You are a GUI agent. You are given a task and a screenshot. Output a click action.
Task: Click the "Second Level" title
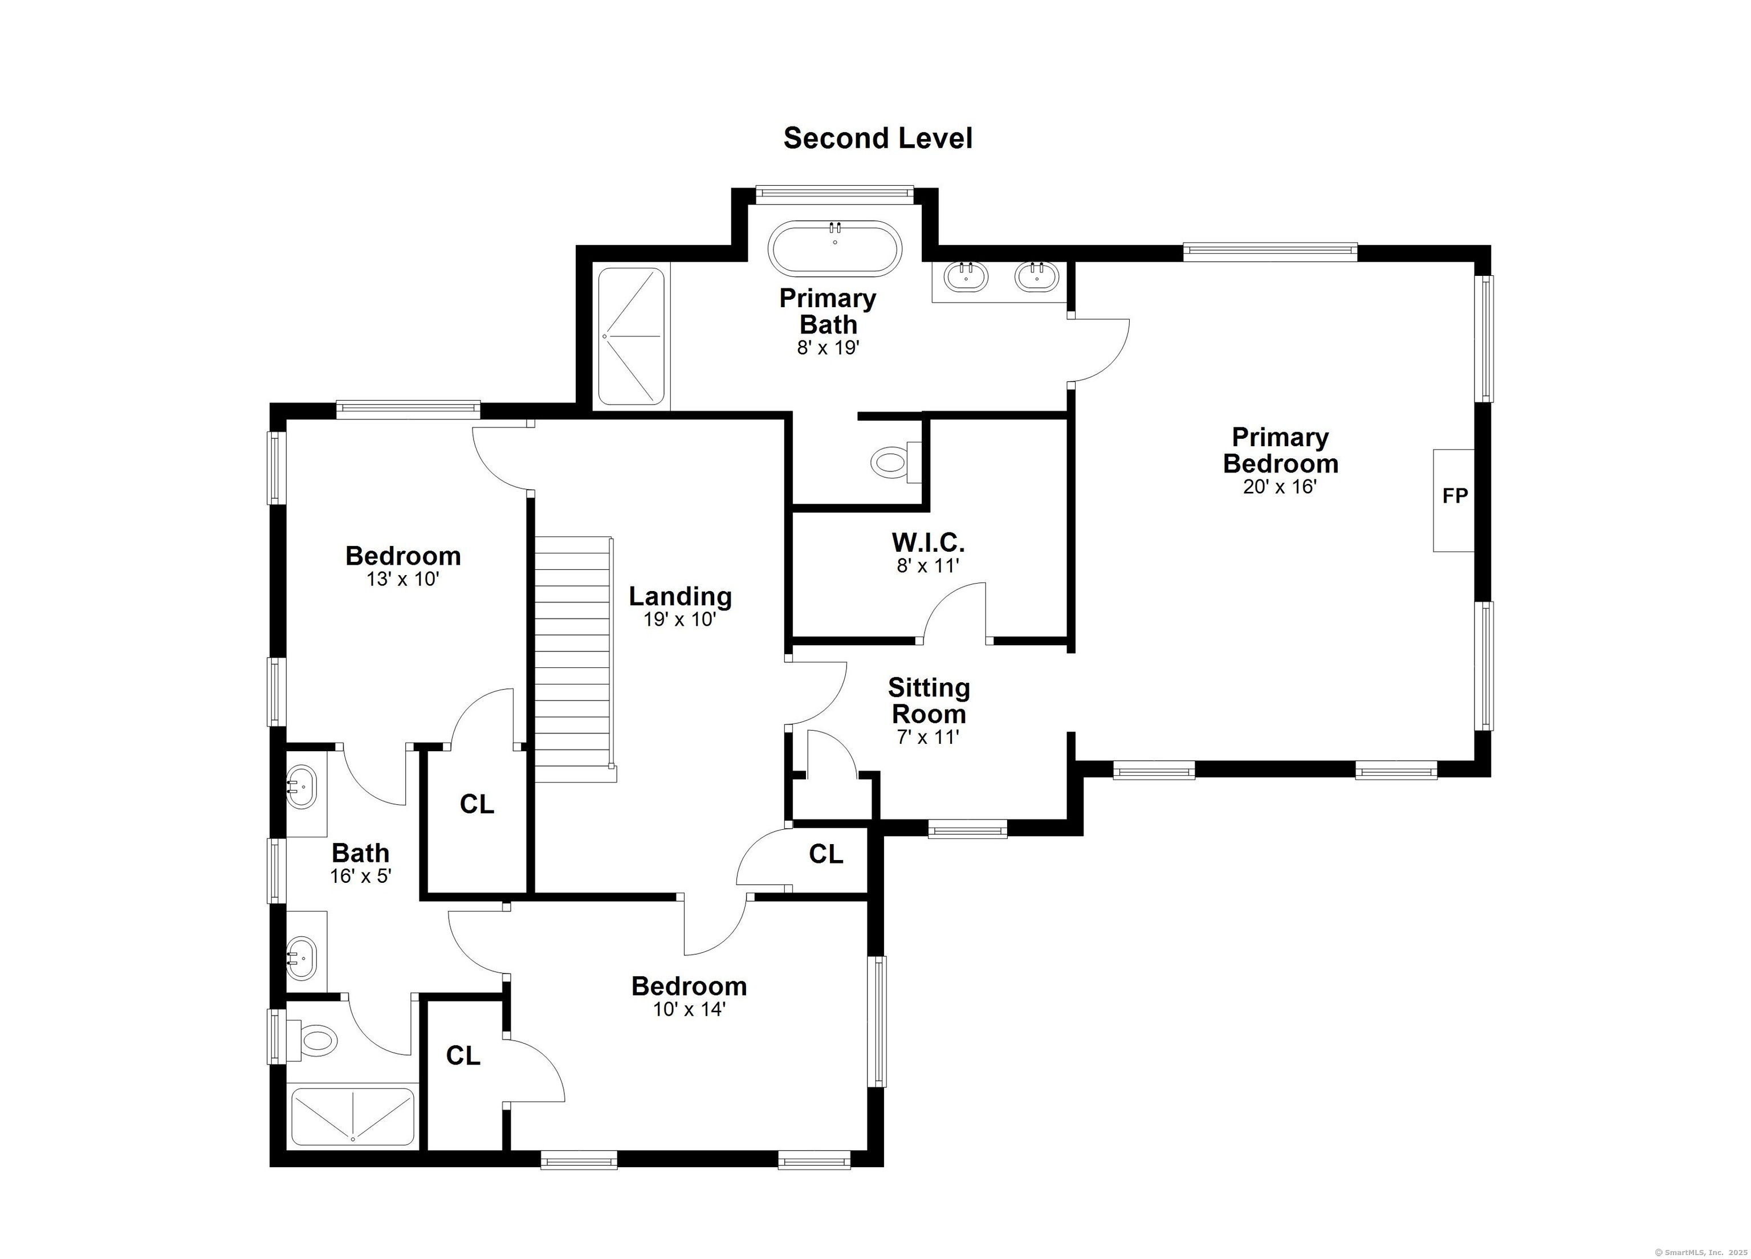[878, 138]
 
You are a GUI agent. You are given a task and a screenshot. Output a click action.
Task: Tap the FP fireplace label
[1455, 496]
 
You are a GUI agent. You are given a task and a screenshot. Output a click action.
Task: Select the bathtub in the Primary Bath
[834, 248]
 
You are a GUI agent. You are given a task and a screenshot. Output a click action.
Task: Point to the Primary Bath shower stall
[632, 337]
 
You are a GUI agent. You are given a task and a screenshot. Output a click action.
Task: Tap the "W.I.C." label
[928, 542]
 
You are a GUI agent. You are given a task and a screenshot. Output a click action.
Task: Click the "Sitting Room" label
[929, 700]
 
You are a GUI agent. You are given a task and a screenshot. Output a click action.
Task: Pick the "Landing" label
[680, 597]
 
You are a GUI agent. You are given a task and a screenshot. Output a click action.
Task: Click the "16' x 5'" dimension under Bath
[361, 876]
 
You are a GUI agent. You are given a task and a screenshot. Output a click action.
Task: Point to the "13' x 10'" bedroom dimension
[403, 579]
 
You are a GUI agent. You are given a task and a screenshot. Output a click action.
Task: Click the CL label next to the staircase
[477, 804]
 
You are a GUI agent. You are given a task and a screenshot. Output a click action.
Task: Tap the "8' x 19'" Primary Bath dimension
[828, 348]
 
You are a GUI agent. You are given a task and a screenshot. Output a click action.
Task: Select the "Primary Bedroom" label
[1280, 450]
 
